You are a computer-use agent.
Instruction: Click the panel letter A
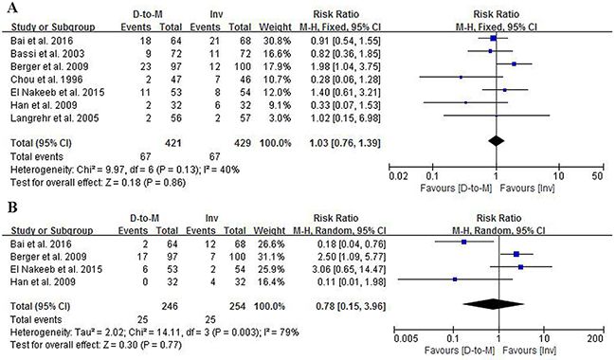[12, 7]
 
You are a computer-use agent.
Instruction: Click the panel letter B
[12, 207]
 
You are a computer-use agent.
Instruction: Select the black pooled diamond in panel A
[497, 141]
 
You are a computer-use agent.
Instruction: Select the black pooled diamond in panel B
[494, 304]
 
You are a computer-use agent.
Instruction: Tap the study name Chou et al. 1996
[46, 80]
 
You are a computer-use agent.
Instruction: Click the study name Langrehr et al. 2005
[55, 118]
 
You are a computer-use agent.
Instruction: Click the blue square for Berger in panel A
[514, 63]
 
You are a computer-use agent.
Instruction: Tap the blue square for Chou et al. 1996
[461, 77]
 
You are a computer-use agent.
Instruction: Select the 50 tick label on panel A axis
[597, 176]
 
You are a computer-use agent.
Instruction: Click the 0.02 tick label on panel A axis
[398, 176]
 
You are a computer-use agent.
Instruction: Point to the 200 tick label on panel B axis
[595, 338]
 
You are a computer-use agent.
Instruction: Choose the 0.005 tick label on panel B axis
[407, 338]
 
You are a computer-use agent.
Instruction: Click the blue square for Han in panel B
[455, 279]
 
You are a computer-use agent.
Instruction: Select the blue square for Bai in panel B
[464, 242]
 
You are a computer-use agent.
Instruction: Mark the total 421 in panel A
[172, 143]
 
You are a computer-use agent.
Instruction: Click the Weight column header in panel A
[275, 27]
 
